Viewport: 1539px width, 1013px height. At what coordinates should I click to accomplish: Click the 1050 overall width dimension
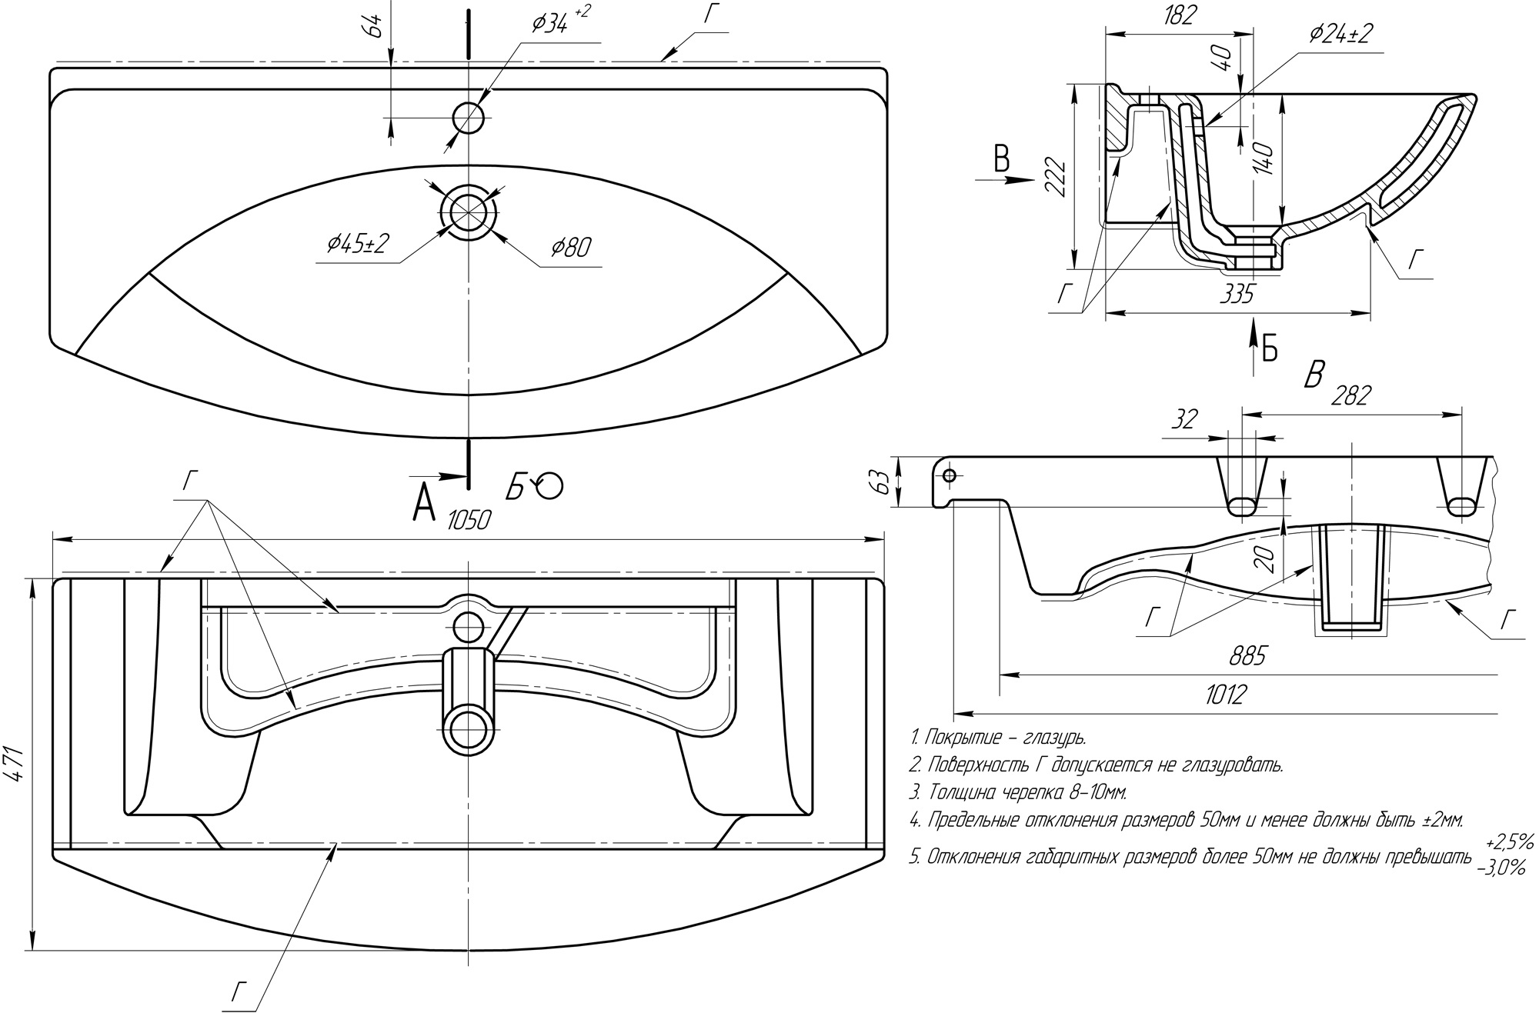469,521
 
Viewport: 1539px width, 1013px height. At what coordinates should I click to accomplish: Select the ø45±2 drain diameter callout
358,245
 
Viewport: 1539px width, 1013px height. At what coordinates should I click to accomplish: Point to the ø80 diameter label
571,248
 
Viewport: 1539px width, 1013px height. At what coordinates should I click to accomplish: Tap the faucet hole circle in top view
468,118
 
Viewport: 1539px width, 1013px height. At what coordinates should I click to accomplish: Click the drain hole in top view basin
467,210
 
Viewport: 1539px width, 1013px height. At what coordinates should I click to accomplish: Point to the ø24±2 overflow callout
1340,33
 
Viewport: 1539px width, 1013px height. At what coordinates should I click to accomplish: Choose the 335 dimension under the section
1237,294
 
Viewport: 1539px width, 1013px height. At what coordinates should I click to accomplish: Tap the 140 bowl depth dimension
1266,159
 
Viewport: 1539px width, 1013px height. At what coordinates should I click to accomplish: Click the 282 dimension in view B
1350,395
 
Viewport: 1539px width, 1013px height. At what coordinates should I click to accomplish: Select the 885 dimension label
1247,656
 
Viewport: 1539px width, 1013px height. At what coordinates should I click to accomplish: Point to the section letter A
424,503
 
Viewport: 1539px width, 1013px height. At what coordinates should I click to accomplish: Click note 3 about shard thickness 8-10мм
1017,791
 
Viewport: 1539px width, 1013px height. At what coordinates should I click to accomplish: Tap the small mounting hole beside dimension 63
949,475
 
